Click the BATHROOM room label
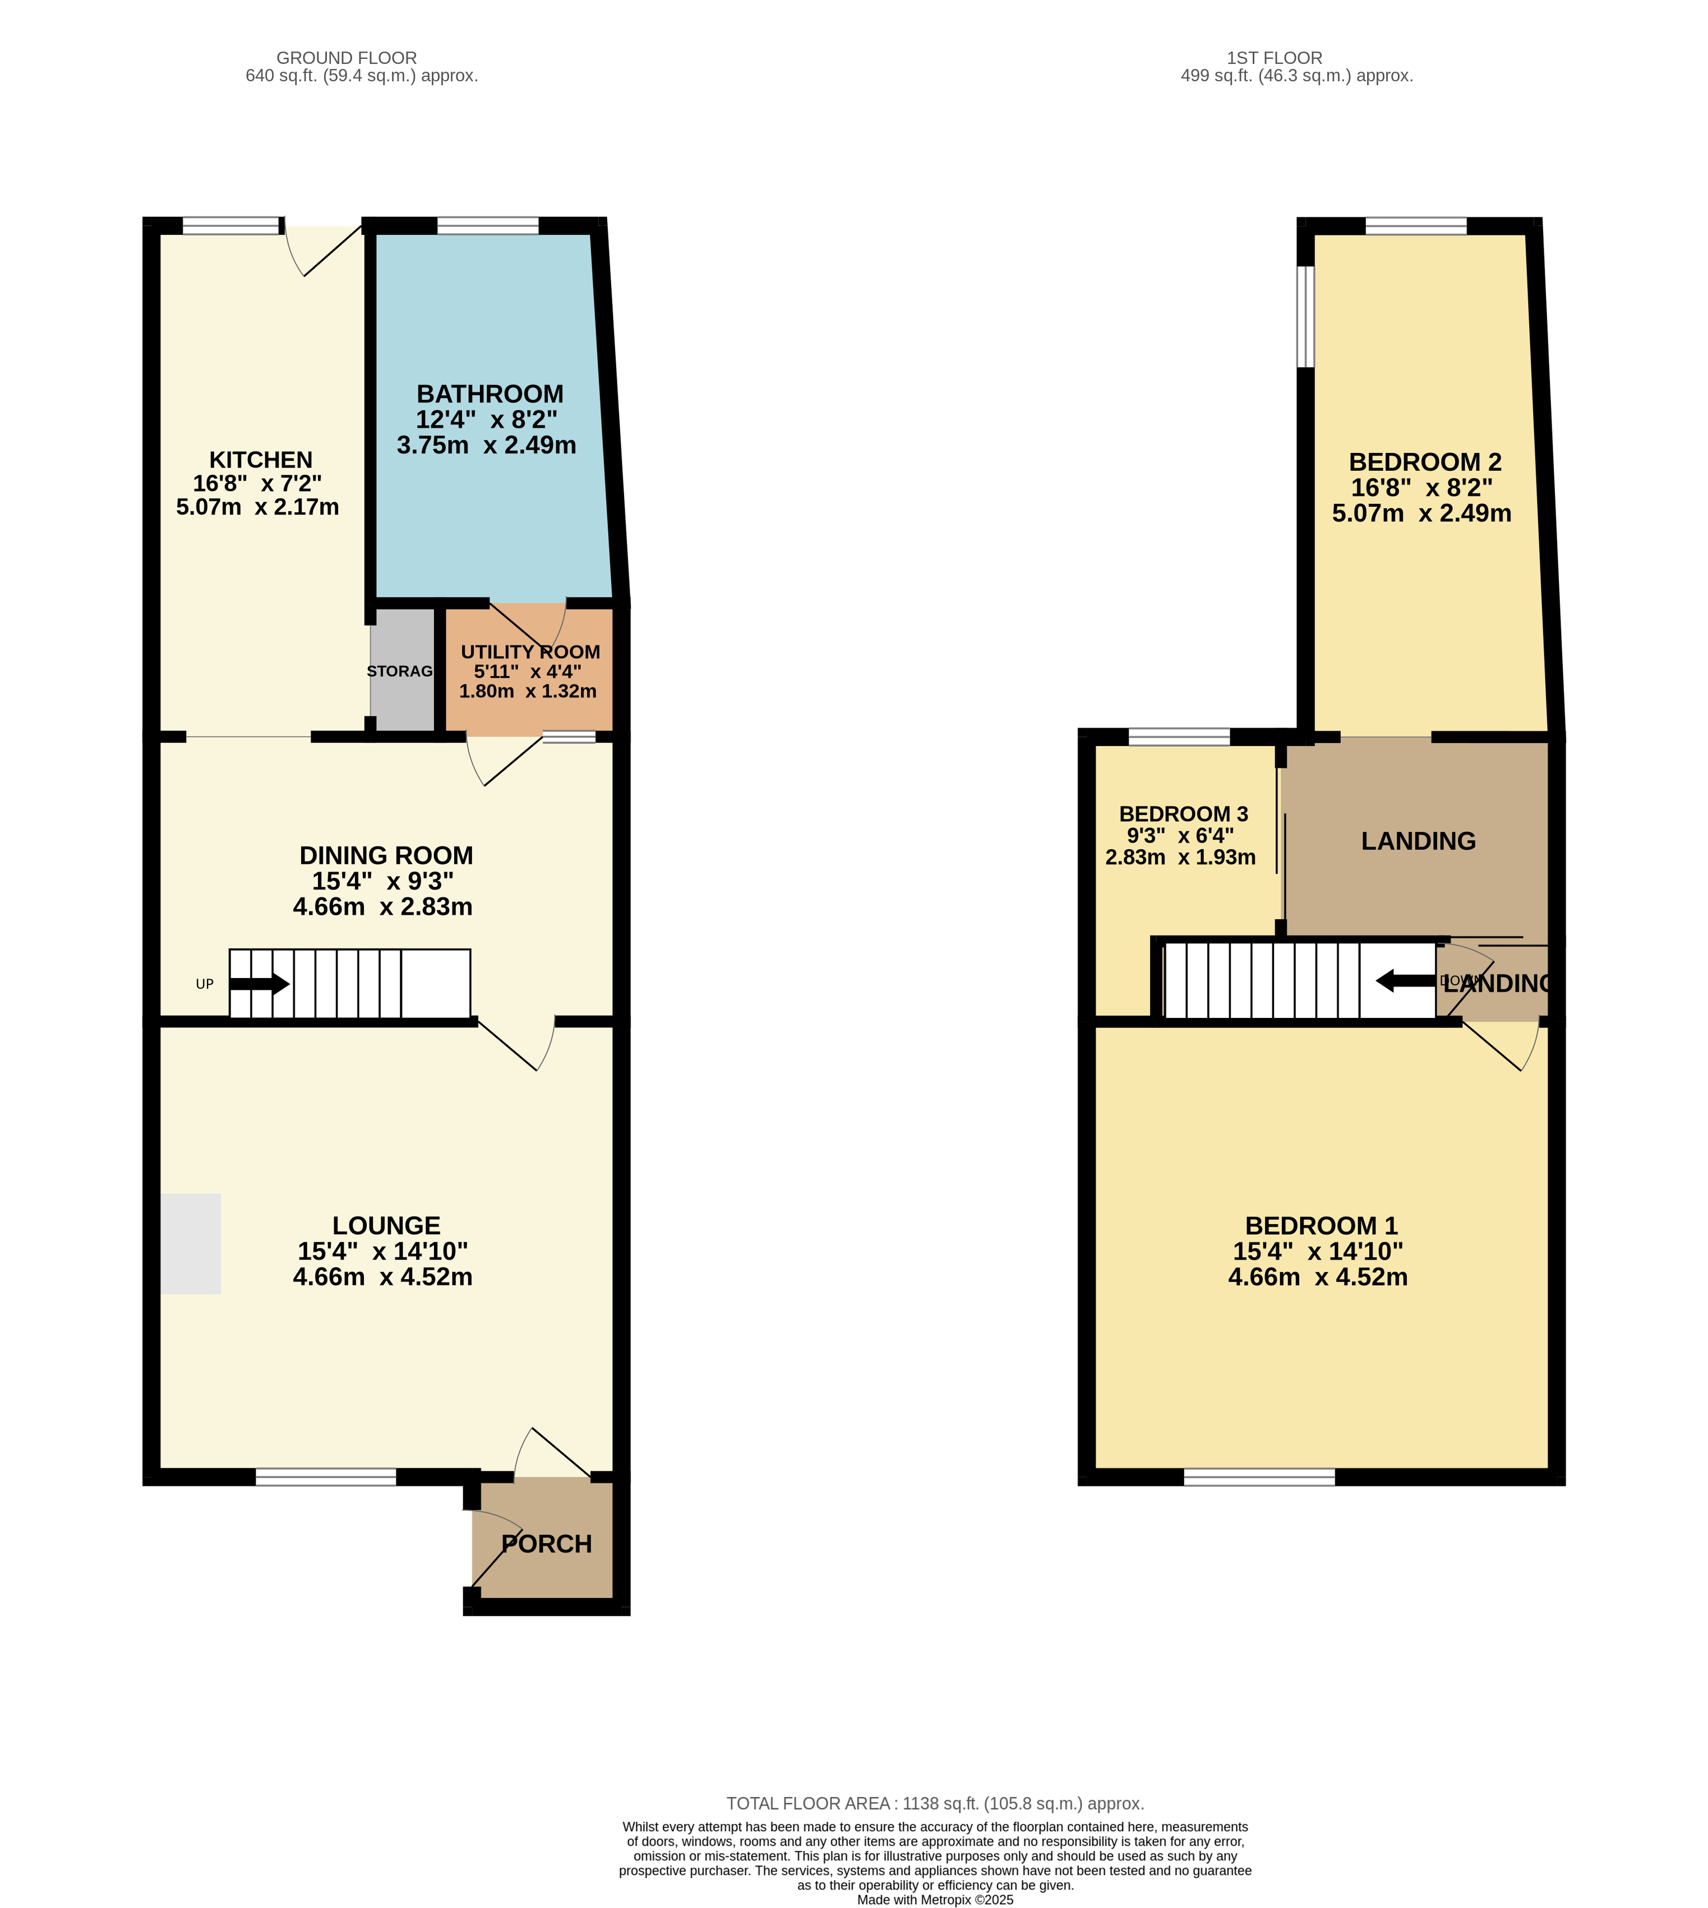490,394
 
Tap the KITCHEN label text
261,460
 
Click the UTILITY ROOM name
530,652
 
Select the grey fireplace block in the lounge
191,1244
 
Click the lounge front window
326,1476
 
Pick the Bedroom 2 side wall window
1305,316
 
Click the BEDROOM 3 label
1183,813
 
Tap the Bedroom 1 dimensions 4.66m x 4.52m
1318,1277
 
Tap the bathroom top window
488,225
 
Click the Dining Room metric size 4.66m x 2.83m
383,906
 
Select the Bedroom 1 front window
1259,1476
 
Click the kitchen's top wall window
232,225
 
